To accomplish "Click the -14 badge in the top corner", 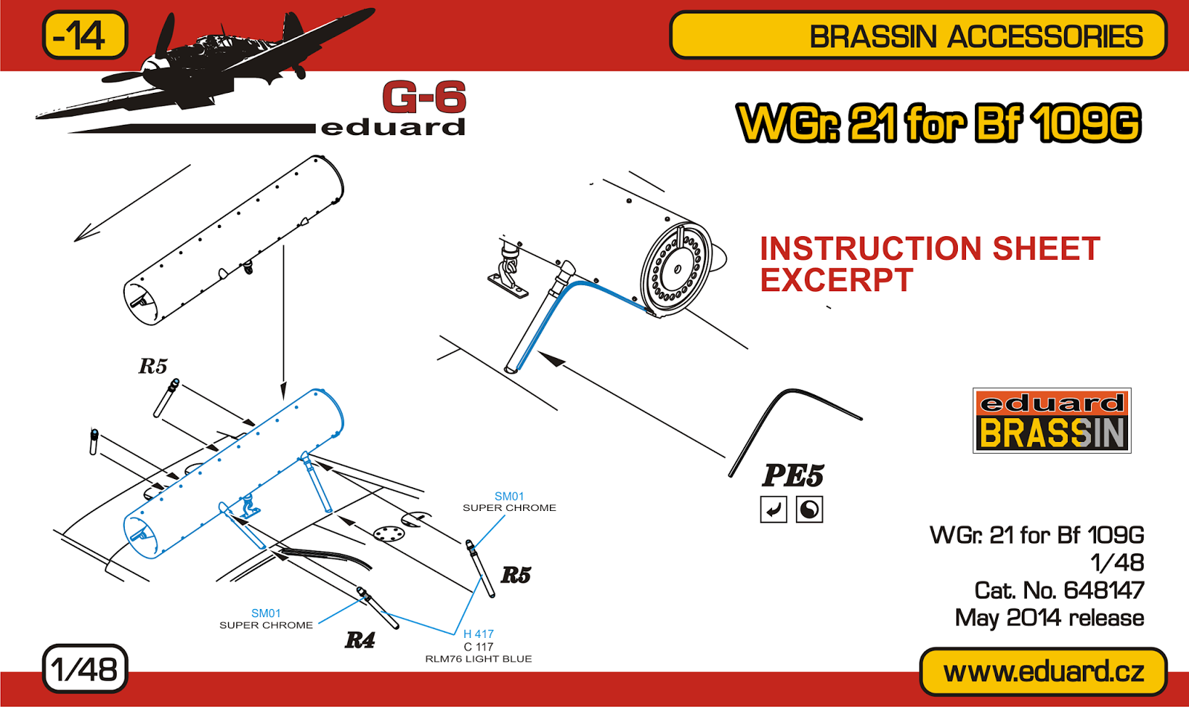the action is click(x=85, y=35).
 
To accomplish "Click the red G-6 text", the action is click(x=424, y=97).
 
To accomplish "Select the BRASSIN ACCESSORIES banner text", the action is click(x=976, y=36).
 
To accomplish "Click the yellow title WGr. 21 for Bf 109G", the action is click(x=939, y=123).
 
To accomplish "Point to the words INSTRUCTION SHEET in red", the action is click(x=930, y=248).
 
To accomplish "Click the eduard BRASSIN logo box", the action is click(x=1052, y=420).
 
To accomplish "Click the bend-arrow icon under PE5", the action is click(x=774, y=509).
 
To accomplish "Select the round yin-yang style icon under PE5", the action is click(x=809, y=509).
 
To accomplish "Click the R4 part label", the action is click(x=360, y=640).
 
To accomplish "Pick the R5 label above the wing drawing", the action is click(x=153, y=366).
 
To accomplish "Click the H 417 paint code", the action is click(x=479, y=633).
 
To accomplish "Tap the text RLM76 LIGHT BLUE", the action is click(x=479, y=659).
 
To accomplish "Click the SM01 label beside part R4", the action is click(x=266, y=613).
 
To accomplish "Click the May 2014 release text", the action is click(x=1049, y=618).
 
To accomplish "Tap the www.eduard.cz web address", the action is click(x=1043, y=671).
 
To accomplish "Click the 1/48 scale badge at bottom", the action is click(x=85, y=669).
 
